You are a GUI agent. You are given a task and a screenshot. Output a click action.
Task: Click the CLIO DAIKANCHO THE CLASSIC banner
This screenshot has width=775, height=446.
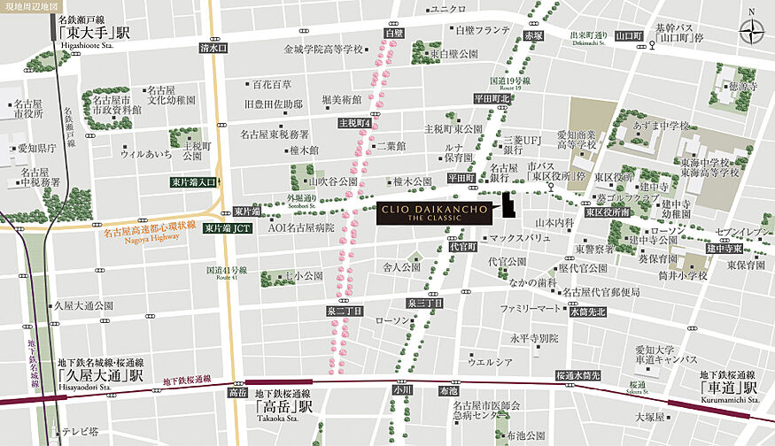click(x=429, y=213)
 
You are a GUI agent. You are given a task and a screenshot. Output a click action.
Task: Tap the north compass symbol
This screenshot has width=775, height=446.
click(x=751, y=32)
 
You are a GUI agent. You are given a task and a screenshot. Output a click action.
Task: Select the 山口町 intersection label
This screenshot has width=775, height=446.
click(x=630, y=36)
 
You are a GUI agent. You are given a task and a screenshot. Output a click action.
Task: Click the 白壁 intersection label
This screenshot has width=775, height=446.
click(x=393, y=33)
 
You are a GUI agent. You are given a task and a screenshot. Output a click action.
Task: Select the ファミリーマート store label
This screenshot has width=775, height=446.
click(x=531, y=309)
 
